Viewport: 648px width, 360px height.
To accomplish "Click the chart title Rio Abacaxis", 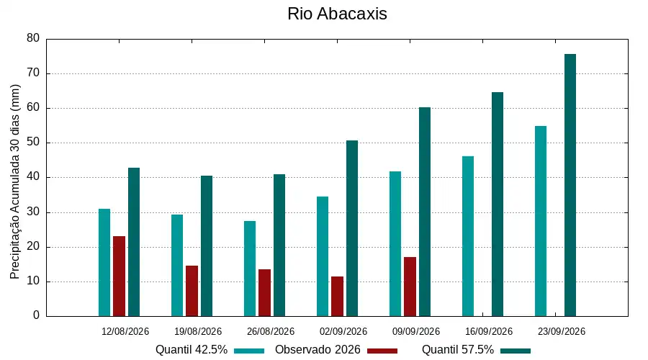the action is click(337, 14).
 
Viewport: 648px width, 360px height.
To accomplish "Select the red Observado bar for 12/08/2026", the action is click(119, 276).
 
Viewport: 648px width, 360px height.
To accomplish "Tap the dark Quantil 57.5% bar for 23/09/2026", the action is click(570, 185).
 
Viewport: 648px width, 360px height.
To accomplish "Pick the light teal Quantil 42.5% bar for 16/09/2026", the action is click(468, 236).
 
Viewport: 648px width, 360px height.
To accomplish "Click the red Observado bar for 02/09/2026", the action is click(337, 297).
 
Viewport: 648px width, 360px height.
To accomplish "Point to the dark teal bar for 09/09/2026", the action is click(425, 212).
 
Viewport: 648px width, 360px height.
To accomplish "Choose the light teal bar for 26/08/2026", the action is click(250, 269).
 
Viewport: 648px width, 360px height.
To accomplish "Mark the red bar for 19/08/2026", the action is click(192, 291).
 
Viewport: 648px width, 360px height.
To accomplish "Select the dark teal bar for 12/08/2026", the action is click(134, 242).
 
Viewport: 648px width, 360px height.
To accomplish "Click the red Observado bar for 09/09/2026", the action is click(410, 287).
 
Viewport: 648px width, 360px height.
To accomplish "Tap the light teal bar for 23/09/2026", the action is click(541, 221).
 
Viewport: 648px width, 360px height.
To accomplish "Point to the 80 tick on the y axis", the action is click(33, 38).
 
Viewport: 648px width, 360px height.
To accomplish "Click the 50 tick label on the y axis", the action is click(33, 143).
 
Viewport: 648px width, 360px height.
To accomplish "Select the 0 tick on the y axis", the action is click(37, 315).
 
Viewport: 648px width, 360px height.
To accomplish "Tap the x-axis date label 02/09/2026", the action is click(343, 331).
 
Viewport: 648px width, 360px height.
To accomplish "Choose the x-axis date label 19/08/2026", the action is click(198, 331).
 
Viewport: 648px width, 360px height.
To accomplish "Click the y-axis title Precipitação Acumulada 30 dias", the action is click(15, 182).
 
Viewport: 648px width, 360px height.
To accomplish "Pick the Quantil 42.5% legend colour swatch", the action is click(249, 351).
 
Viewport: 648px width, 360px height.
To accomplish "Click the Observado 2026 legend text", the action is click(318, 350).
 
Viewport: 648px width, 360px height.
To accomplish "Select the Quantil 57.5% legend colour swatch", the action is click(516, 351).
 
